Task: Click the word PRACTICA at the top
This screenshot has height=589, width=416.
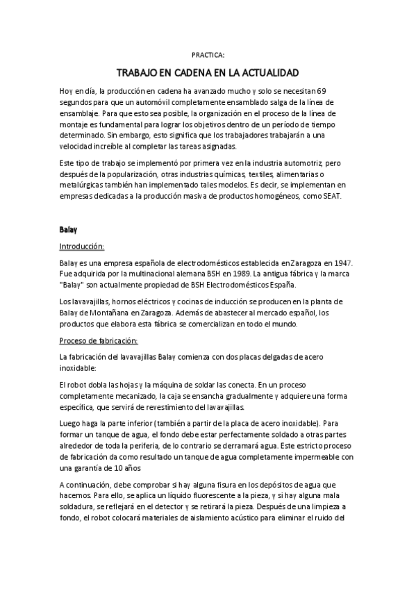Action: coord(208,53)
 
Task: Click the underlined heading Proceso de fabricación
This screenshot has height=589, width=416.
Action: coord(99,340)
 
